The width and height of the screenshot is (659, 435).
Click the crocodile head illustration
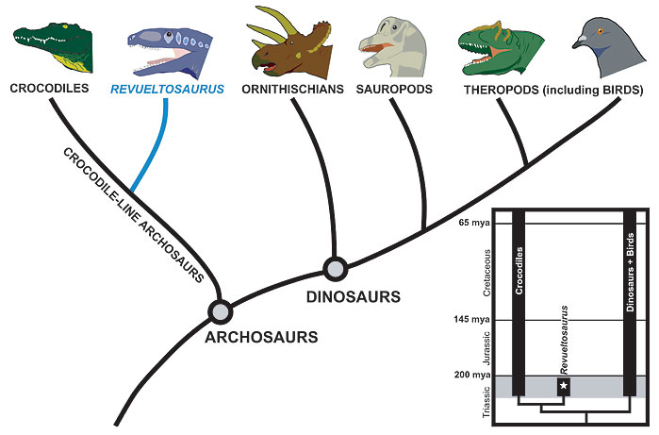(53, 47)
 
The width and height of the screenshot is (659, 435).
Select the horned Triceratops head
(290, 44)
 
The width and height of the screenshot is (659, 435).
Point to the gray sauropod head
(392, 47)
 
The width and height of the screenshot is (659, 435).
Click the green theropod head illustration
(500, 48)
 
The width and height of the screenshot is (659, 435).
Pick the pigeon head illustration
(609, 48)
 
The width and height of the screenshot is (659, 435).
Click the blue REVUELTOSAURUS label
(167, 90)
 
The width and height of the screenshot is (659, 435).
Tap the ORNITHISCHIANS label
(292, 90)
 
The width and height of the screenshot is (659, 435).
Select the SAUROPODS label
(394, 90)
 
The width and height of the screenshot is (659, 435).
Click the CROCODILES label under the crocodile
(50, 89)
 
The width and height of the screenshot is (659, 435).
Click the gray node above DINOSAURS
(336, 269)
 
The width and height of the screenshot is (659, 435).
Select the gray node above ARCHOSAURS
(221, 312)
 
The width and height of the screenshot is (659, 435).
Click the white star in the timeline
(564, 385)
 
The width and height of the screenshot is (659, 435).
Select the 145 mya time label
(471, 320)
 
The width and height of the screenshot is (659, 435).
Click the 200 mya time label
(472, 375)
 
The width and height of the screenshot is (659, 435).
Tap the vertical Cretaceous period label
(486, 273)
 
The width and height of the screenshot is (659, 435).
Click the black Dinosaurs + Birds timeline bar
(630, 303)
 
